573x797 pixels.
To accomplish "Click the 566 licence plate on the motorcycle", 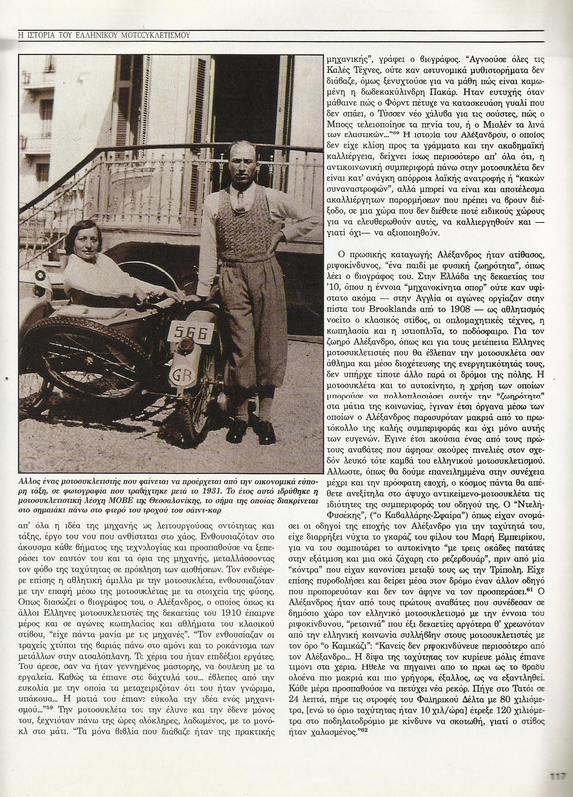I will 190,332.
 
